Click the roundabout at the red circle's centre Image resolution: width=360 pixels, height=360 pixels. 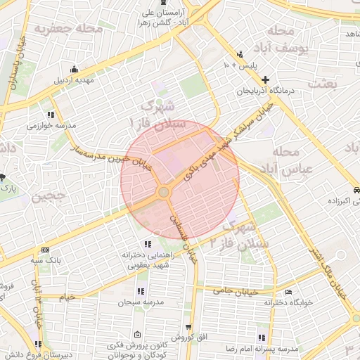pos(164,191)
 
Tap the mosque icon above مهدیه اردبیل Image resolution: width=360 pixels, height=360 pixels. pos(75,68)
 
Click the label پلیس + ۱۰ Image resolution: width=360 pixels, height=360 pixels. pos(241,65)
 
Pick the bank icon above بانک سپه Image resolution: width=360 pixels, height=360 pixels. pos(46,250)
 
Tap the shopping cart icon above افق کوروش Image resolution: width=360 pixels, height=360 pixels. pos(188,327)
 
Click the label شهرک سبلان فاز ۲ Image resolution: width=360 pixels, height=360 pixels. pos(235,236)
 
